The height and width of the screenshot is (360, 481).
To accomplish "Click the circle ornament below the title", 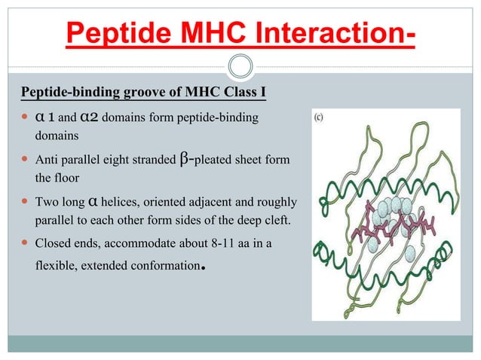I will click(240, 66).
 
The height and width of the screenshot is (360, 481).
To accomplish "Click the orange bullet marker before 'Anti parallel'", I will click(25, 160).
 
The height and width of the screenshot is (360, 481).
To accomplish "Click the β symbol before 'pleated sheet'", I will click(186, 160).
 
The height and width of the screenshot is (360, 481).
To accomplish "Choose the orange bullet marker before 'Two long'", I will click(25, 203).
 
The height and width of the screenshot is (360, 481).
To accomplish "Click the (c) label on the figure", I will click(320, 117).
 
